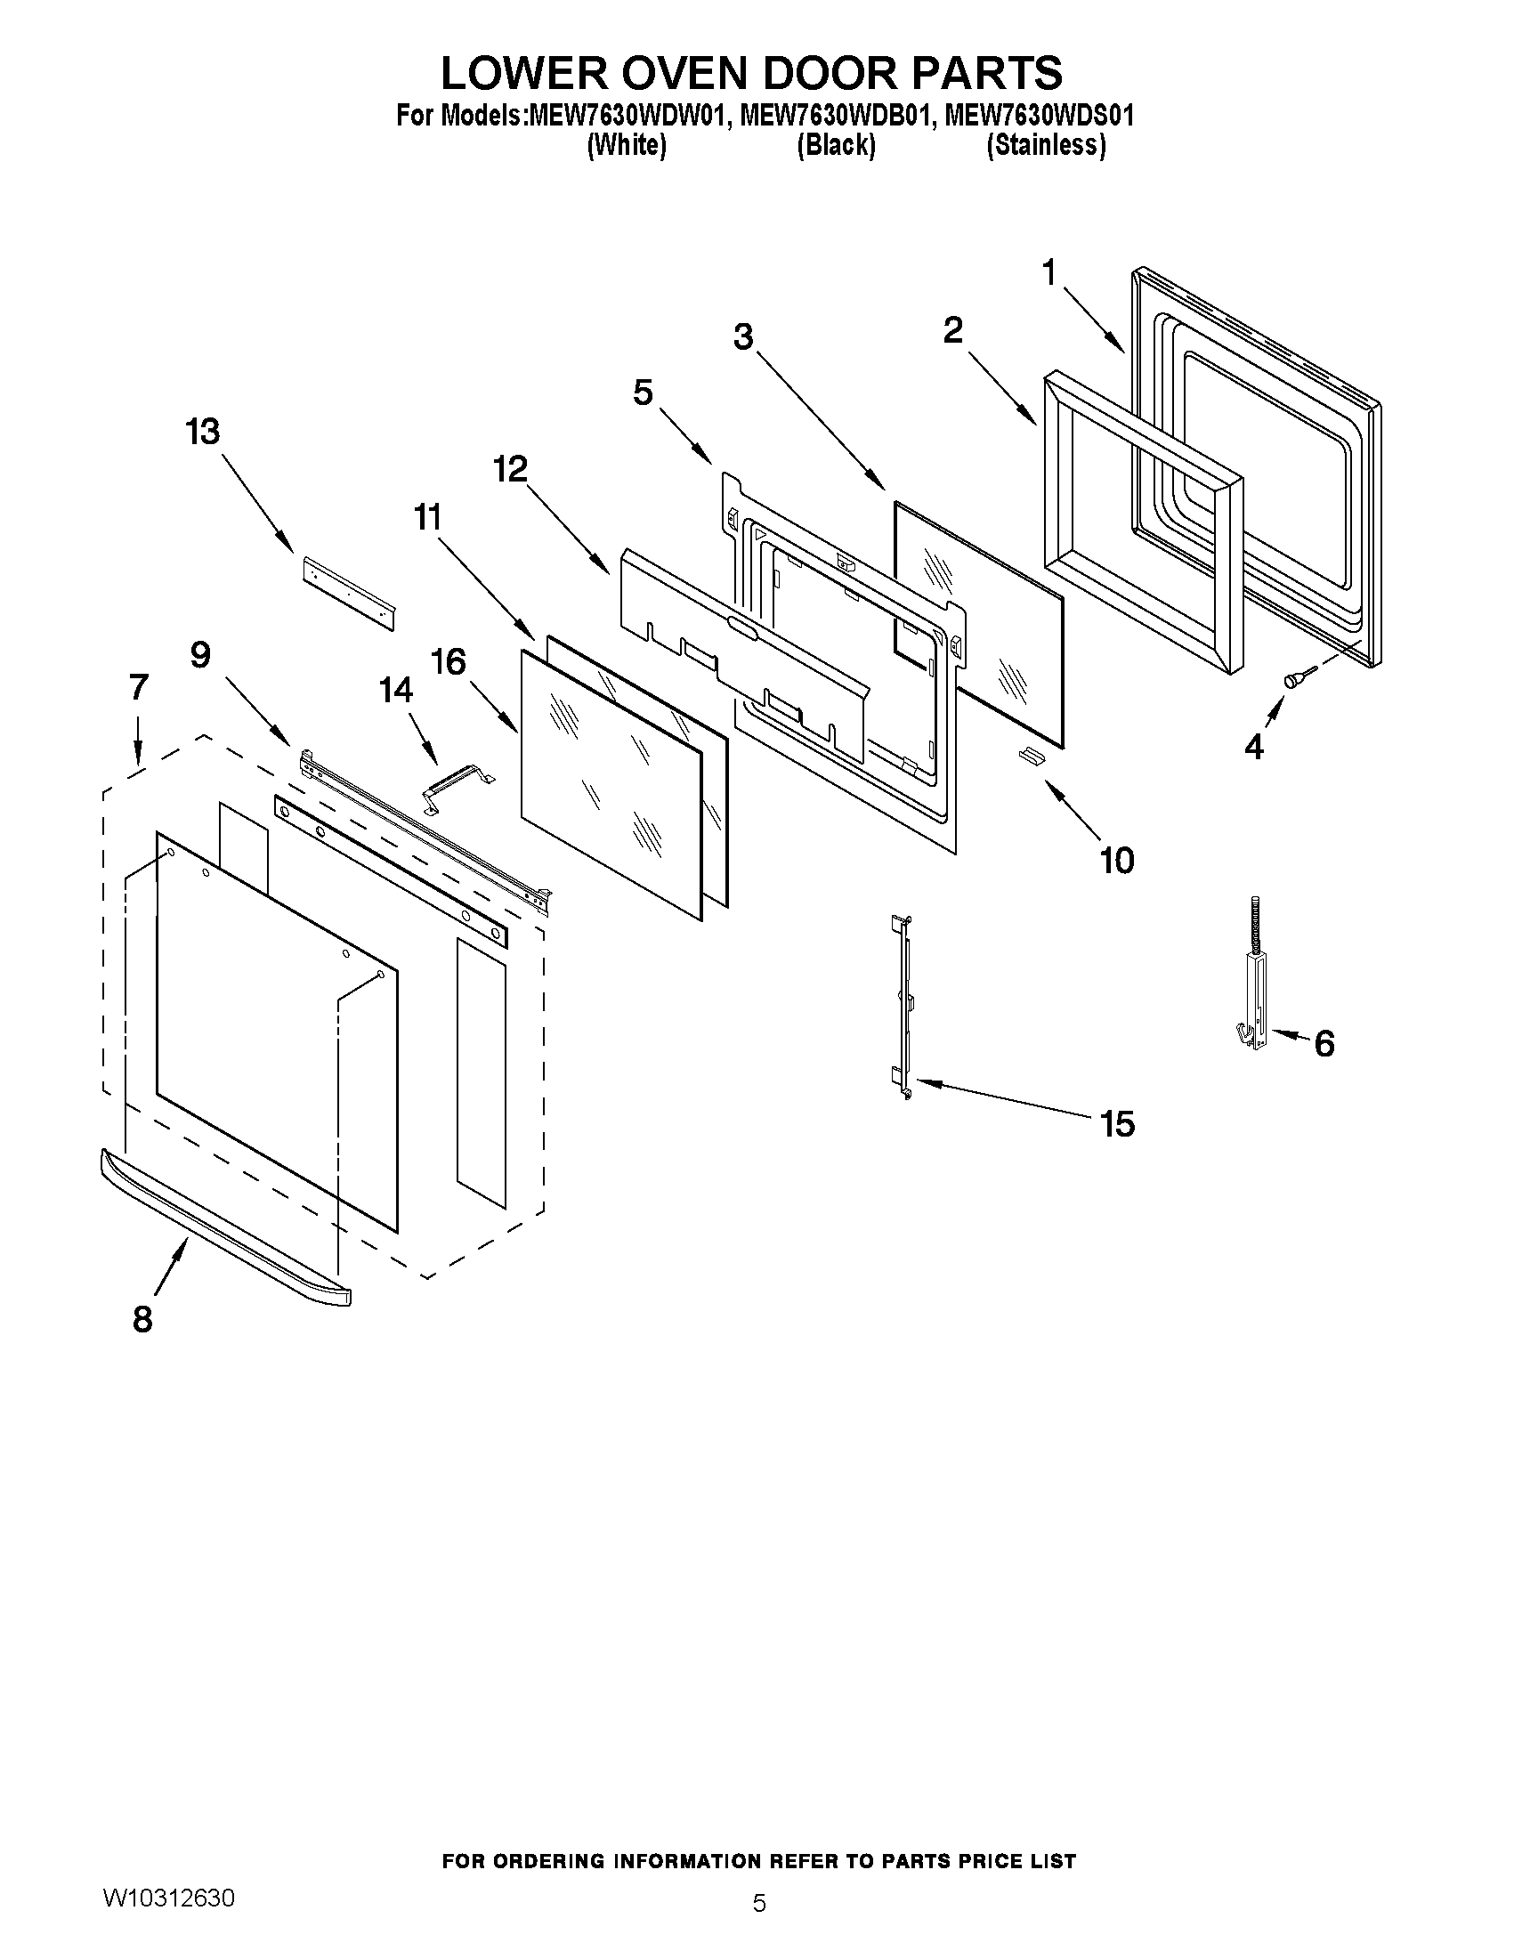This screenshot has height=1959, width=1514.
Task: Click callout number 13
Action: point(203,433)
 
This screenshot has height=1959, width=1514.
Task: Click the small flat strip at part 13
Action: point(349,593)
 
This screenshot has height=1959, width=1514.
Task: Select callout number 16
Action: point(449,663)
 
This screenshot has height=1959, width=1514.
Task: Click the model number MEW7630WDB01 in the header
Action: point(830,117)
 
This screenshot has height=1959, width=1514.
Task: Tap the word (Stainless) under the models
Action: point(1045,145)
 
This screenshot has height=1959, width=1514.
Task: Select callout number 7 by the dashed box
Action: point(138,688)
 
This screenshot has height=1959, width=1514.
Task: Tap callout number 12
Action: point(510,469)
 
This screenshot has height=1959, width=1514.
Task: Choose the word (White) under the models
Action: point(626,145)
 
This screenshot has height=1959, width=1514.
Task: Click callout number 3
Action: point(742,338)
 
